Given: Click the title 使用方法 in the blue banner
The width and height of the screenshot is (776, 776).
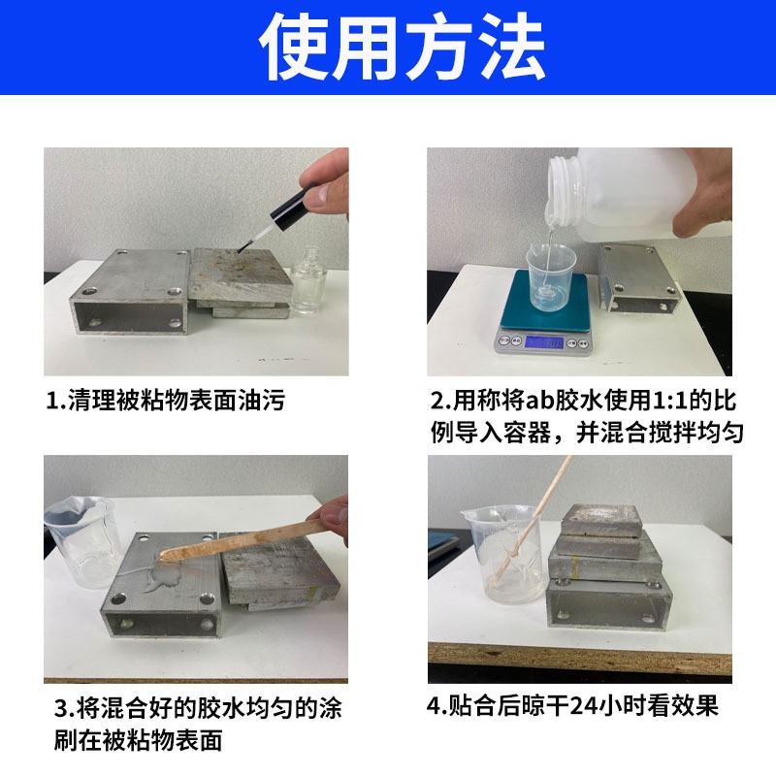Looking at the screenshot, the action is coord(402,47).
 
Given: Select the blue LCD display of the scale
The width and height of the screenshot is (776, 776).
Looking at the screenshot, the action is coord(543,342).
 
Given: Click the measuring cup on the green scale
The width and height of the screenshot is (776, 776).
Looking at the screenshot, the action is coord(551,277).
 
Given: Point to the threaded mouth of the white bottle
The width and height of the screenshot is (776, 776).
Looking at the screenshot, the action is coord(564,189).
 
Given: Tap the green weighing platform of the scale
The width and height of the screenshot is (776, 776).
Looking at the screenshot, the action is coord(545,301).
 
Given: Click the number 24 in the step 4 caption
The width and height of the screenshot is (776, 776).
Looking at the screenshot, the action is coord(585,706).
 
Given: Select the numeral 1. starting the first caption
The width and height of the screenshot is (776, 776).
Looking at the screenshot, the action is coord(56,401).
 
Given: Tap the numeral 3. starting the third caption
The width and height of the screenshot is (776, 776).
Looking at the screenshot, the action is coord(63,710).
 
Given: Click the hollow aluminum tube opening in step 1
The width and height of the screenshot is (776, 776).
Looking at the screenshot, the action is coord(130,316).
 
